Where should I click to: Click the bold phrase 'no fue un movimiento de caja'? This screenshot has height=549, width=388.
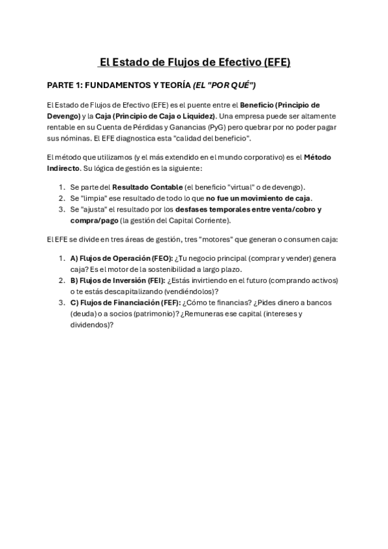pyautogui.click(x=258, y=198)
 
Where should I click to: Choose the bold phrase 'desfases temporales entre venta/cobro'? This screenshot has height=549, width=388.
pyautogui.click(x=248, y=209)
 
